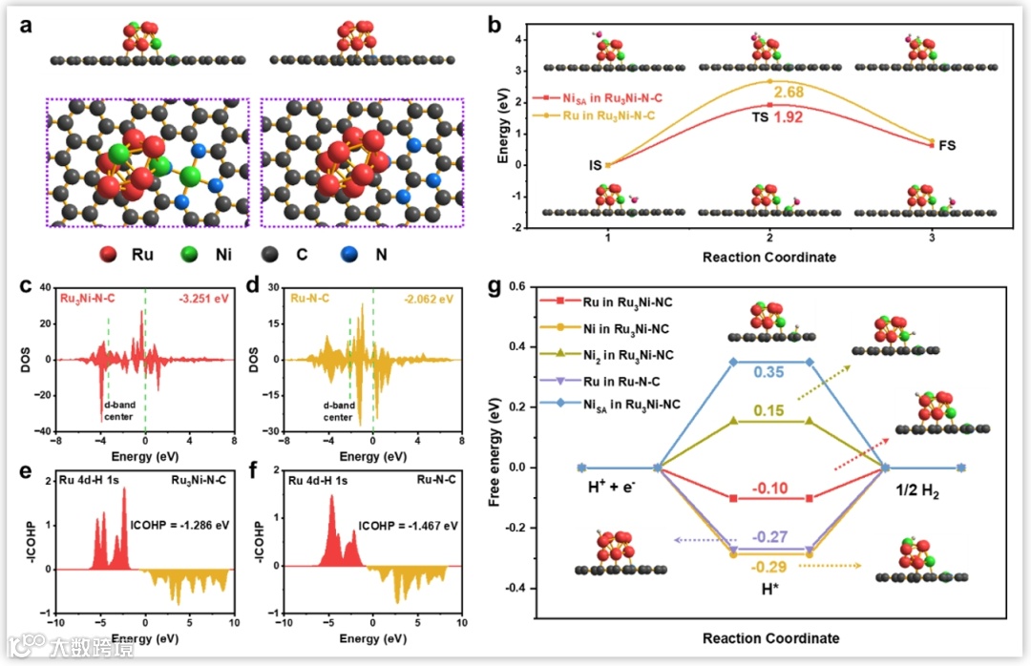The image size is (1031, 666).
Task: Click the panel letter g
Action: tap(495, 286)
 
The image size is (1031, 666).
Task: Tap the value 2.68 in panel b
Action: tap(788, 92)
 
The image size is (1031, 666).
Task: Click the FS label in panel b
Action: tap(947, 146)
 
